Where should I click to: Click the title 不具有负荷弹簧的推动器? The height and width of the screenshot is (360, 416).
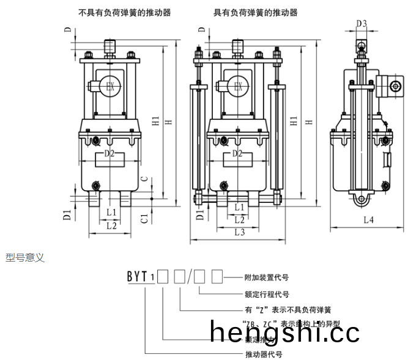125,12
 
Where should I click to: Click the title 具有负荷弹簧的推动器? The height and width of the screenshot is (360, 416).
255,12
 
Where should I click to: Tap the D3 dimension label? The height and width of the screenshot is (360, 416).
362,24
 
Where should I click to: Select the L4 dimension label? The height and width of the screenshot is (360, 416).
368,221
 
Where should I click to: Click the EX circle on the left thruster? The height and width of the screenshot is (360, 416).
111,87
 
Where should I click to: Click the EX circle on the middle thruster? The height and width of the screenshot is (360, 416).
239,87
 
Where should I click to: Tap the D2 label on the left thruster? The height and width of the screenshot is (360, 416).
109,153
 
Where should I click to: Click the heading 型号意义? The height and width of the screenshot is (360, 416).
25,258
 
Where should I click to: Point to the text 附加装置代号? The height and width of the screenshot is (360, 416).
266,277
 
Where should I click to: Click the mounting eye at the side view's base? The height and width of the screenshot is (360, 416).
362,200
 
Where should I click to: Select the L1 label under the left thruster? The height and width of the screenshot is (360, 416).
111,211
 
